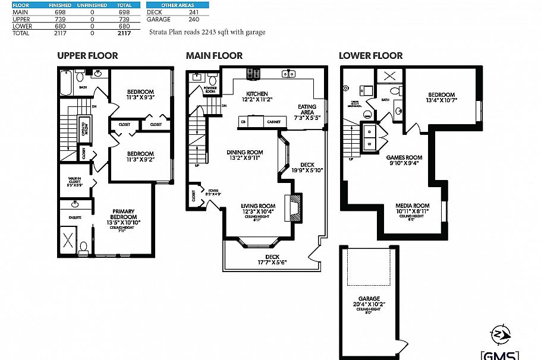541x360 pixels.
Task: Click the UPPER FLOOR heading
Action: [87, 56]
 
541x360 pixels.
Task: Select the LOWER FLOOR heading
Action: [370, 56]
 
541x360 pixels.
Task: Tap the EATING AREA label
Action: [306, 110]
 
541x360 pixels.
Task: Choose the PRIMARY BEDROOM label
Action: [123, 214]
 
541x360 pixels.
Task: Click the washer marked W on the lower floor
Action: [369, 143]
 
